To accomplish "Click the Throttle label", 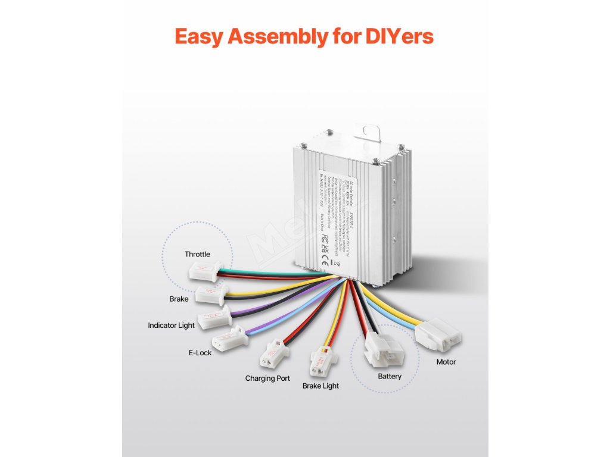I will click(x=197, y=254).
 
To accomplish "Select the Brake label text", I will click(x=179, y=299).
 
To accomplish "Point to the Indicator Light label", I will click(x=172, y=325).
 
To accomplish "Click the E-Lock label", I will click(x=200, y=353).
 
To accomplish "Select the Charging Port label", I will click(x=267, y=378).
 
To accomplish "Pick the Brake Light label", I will click(x=320, y=386).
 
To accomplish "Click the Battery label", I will click(x=390, y=376).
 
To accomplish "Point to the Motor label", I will click(x=446, y=362).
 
